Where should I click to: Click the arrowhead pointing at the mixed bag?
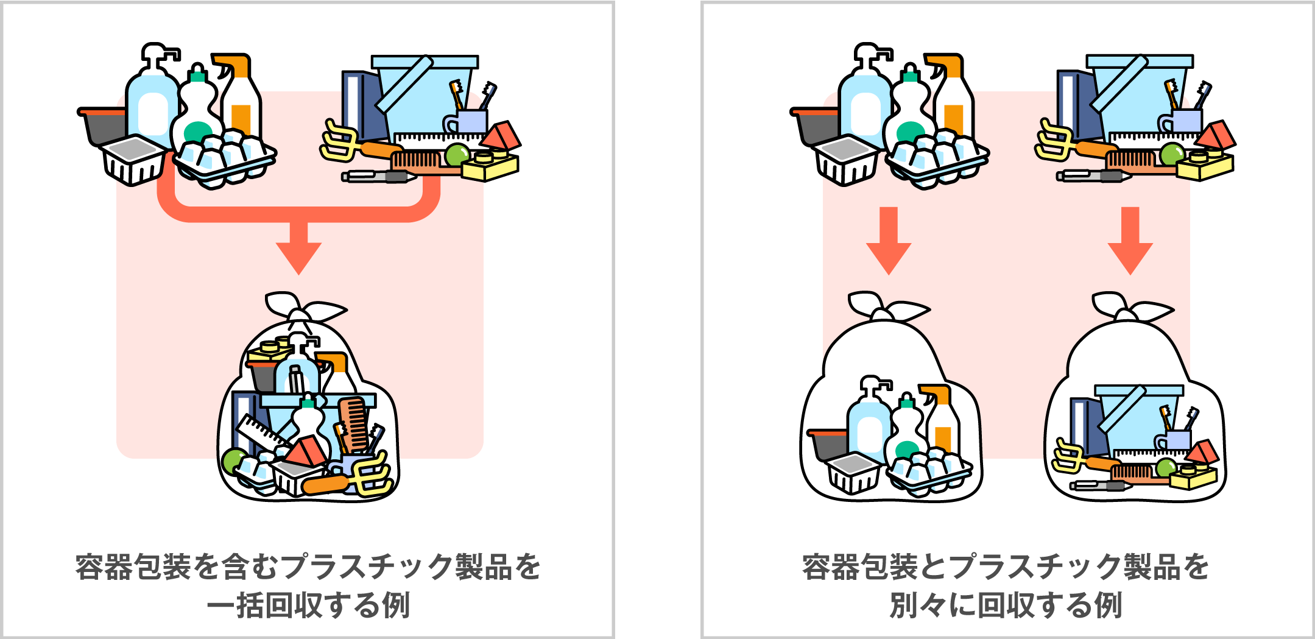[x=298, y=256]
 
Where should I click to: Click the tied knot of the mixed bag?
[x=300, y=312]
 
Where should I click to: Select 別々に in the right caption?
[x=932, y=605]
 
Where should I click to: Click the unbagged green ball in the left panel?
[x=457, y=155]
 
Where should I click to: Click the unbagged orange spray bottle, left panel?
[x=241, y=97]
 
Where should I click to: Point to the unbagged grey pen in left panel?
[x=378, y=177]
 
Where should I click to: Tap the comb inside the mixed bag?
[x=353, y=423]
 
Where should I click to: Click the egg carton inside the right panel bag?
[x=929, y=469]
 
